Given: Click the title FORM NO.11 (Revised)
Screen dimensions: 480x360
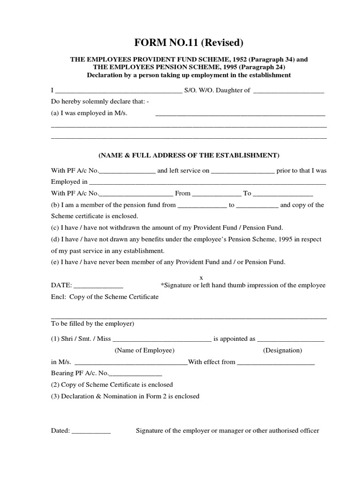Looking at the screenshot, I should click(189, 43).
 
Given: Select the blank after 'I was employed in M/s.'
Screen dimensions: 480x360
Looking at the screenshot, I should click(240, 114).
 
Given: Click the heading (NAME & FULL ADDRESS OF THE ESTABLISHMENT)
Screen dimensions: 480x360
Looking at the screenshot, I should click(189, 155).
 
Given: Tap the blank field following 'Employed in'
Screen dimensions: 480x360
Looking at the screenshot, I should click(207, 183).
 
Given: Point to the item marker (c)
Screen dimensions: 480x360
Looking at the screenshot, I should click(55, 228).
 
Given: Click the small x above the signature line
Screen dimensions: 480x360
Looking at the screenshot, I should click(202, 277).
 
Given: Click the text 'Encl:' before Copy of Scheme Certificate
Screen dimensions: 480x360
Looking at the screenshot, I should click(58, 297).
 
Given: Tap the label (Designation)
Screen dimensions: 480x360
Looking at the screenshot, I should click(282, 351).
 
